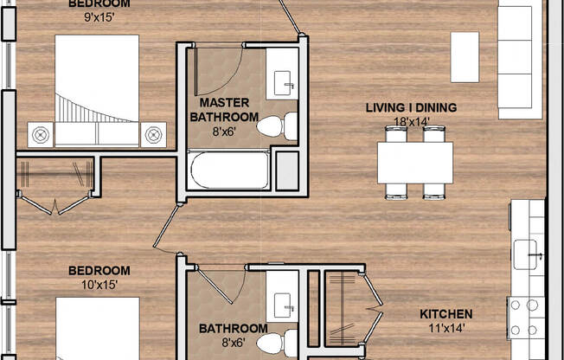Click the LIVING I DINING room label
tap(411, 107)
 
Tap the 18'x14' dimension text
tap(411, 121)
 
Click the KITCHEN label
tap(445, 313)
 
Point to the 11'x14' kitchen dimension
tap(445, 328)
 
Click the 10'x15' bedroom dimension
tap(99, 284)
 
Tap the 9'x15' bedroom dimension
tap(99, 15)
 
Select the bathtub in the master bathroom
tap(229, 170)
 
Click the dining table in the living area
tap(415, 163)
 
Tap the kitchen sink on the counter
tap(528, 254)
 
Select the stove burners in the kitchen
tap(525, 317)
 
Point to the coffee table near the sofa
tap(465, 56)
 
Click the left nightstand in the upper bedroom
tap(41, 134)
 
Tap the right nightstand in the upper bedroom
tap(153, 134)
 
